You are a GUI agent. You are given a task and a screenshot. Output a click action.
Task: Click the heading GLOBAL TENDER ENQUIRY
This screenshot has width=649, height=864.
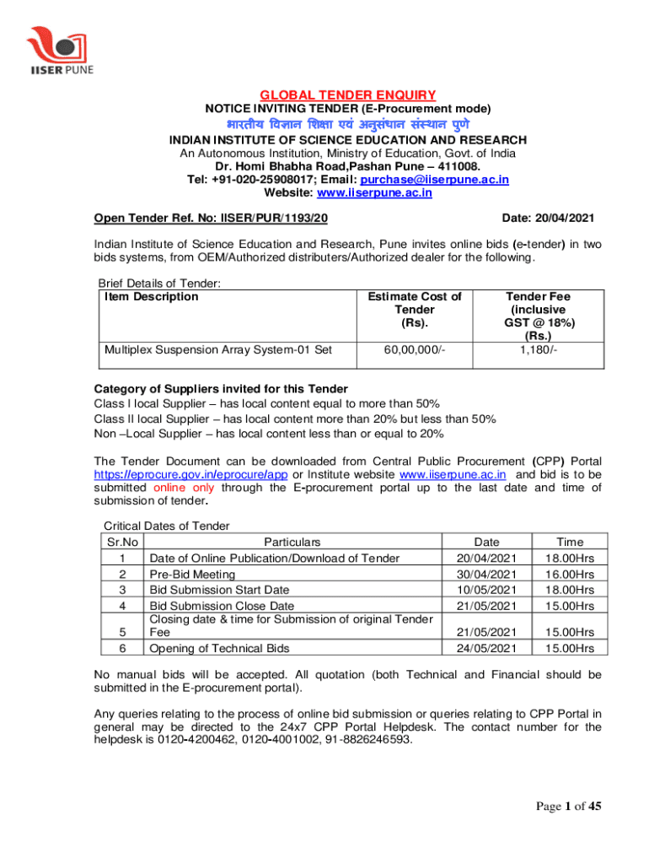346,95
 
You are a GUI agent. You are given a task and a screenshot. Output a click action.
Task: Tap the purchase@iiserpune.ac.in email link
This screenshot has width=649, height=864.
435,180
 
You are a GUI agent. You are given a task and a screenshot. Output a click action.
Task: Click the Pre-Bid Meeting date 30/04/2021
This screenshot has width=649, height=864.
486,573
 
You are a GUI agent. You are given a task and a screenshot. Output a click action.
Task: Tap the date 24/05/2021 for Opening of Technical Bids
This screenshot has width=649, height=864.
486,648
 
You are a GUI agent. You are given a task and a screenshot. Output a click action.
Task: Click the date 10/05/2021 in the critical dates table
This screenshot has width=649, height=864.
486,589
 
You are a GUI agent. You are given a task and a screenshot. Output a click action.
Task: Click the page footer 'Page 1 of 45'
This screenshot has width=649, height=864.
569,807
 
